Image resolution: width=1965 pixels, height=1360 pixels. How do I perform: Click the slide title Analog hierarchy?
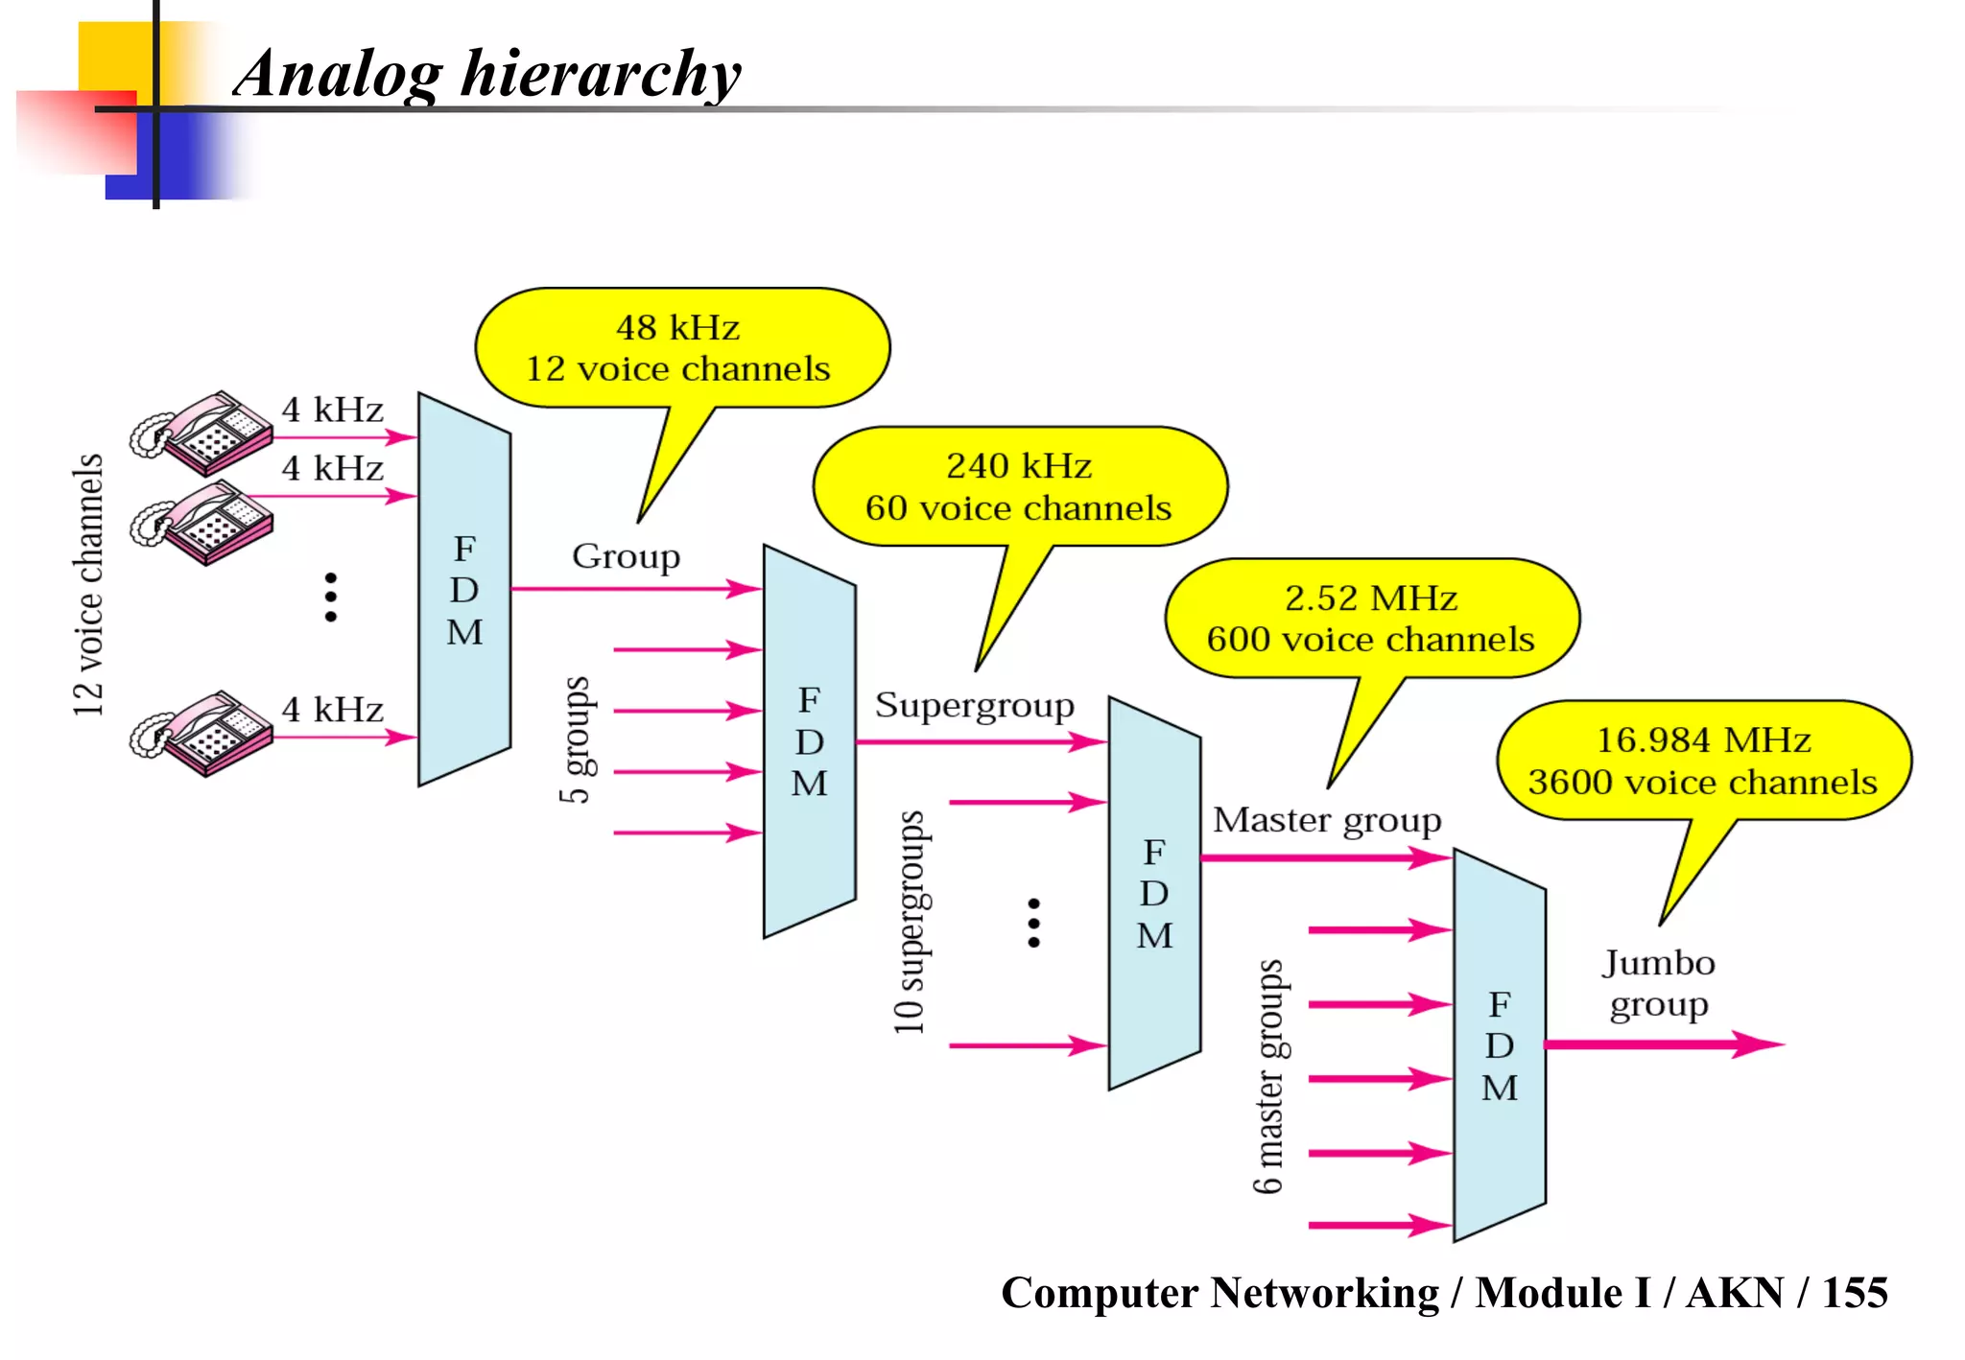point(487,75)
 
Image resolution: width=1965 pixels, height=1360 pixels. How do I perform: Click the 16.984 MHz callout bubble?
point(1702,761)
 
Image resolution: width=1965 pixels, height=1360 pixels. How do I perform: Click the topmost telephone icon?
point(203,433)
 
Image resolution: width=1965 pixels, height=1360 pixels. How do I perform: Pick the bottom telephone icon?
point(203,733)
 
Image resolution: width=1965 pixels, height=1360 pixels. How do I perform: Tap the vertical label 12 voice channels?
point(87,585)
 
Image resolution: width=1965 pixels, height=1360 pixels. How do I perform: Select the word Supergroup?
point(974,706)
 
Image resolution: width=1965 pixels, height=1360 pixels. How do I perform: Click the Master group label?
point(1326,820)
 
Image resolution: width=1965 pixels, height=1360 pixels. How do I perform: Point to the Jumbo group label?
point(1658,983)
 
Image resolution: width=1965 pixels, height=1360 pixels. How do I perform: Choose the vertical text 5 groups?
point(576,739)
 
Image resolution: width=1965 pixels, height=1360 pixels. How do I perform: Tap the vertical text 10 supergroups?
point(910,922)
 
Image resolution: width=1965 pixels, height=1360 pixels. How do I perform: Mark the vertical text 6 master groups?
point(1268,1076)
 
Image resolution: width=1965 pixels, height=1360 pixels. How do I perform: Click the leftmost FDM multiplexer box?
point(464,590)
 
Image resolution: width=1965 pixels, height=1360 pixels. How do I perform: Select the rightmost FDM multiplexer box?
point(1499,1045)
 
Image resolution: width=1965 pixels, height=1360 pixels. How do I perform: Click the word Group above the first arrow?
point(626,556)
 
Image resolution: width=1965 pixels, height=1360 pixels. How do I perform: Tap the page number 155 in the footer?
point(1854,1293)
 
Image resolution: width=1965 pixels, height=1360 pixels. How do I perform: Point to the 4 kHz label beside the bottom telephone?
point(332,710)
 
